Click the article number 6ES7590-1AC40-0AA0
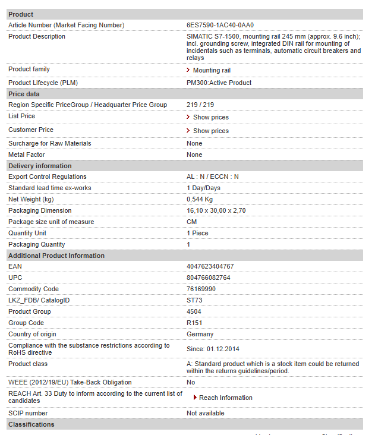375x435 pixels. tap(220, 25)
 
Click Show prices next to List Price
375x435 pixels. tap(210, 118)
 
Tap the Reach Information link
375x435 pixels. tap(225, 398)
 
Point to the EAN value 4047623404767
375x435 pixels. tap(210, 267)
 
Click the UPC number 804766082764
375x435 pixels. tap(208, 278)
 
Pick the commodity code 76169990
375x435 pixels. tap(201, 289)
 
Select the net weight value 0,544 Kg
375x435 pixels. tap(199, 200)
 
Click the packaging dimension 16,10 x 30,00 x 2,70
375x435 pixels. tap(216, 211)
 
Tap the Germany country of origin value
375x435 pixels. tap(200, 335)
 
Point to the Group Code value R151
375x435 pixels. tap(194, 323)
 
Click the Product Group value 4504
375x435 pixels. tap(194, 312)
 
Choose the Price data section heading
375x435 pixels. tap(24, 94)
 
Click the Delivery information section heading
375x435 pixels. tap(40, 166)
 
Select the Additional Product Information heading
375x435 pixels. tap(56, 256)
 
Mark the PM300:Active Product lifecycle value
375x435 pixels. tap(219, 83)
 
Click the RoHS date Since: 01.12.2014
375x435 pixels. tap(214, 349)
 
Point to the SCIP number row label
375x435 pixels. tap(28, 414)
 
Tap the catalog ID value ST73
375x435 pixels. tap(194, 301)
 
